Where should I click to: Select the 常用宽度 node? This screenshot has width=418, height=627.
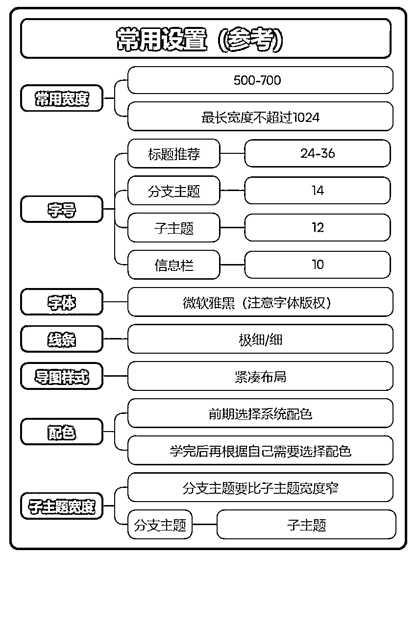62,98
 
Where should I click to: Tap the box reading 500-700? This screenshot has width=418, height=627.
260,80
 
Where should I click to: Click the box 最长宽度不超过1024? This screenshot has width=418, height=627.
260,117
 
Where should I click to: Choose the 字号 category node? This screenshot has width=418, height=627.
62,209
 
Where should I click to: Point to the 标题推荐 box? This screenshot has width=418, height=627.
174,153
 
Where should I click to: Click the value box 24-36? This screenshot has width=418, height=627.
318,153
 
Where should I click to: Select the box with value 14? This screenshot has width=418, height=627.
318,191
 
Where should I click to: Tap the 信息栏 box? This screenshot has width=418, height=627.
174,265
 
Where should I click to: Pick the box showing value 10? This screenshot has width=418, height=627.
318,265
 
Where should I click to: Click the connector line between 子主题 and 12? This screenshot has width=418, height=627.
232,228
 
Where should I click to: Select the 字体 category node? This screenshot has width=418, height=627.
62,302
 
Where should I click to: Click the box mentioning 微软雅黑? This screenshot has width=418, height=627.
260,302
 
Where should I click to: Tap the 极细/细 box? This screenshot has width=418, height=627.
260,339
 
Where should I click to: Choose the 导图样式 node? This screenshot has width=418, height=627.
62,376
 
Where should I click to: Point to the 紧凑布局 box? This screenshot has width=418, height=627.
260,376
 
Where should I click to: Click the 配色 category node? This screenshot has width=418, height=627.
62,432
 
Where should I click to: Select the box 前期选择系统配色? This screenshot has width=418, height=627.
260,413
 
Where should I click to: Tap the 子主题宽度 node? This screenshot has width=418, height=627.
62,506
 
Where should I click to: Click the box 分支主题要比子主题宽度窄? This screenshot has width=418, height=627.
260,487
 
